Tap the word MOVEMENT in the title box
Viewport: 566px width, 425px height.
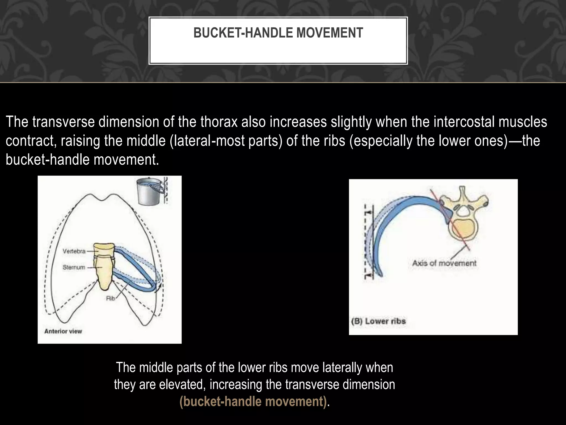(330, 33)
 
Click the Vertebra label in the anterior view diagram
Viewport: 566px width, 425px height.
(74, 251)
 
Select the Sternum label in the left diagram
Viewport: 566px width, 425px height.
(74, 267)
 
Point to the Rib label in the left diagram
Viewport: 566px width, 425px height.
(111, 299)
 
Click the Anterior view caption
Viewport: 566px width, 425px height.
(63, 331)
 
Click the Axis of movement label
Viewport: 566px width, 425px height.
(444, 263)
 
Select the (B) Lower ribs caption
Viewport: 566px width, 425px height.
(378, 321)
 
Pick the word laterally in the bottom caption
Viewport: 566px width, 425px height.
(341, 368)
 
